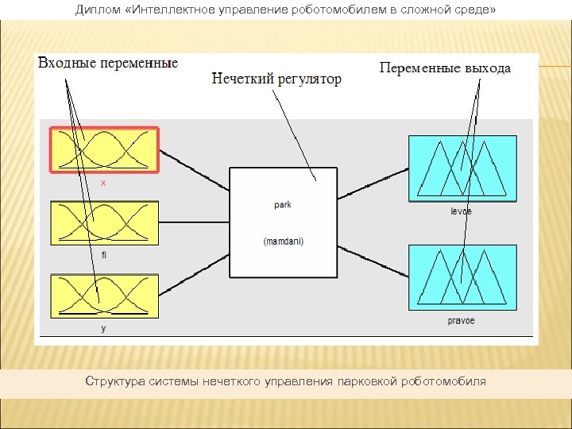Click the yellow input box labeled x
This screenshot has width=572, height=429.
click(105, 149)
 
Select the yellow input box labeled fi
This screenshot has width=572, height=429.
click(105, 222)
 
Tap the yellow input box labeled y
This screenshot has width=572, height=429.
click(105, 296)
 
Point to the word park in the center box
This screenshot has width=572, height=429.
click(282, 205)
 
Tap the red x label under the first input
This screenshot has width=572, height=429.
click(103, 182)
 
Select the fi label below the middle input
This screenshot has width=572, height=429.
click(104, 255)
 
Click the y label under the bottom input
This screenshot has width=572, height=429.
click(103, 328)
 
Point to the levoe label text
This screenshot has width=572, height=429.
click(460, 211)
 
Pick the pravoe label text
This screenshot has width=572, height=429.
click(461, 322)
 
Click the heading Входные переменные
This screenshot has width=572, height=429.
click(108, 64)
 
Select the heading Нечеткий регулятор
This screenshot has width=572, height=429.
click(276, 79)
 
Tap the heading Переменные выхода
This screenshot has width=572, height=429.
click(445, 68)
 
